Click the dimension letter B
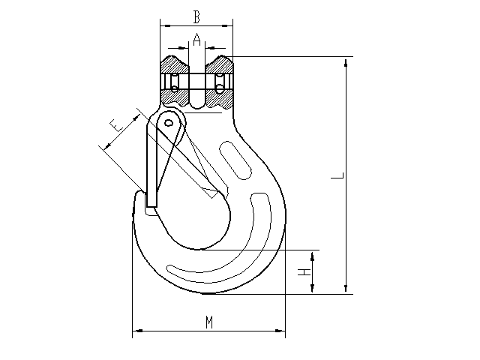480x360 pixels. click(196, 17)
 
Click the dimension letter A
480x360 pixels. click(196, 40)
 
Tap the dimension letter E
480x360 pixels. click(116, 125)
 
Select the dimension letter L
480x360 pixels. click(338, 175)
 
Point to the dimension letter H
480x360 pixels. click(304, 271)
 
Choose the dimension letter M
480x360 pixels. click(209, 322)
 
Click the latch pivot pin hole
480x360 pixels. click(169, 123)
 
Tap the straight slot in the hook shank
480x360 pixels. click(235, 160)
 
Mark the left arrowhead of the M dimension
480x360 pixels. click(138, 331)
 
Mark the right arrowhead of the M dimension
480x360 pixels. click(280, 331)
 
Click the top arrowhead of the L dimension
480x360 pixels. click(346, 63)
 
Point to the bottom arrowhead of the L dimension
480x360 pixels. click(346, 288)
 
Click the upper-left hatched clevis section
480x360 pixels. click(174, 65)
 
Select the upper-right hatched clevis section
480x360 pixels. click(219, 65)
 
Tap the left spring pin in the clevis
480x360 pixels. click(175, 82)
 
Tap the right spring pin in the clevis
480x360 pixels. click(219, 82)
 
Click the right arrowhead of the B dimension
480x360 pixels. click(227, 25)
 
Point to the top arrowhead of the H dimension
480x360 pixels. click(312, 256)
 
